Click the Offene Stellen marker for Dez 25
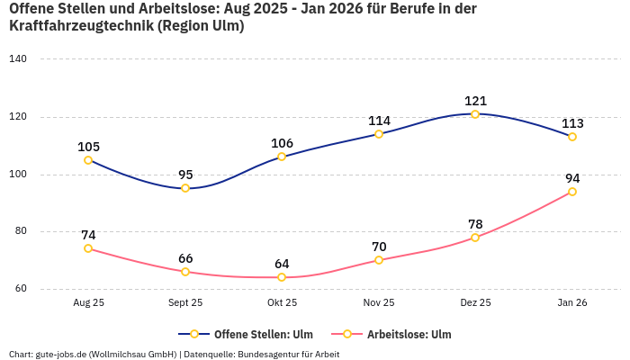coord(475,114)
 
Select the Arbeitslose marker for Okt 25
coord(282,277)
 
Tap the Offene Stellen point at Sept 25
coord(185,188)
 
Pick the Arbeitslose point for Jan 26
coord(572,192)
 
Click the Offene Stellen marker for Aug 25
coord(88,160)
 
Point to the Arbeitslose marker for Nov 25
coord(379,260)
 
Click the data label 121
coord(475,101)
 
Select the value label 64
coord(282,264)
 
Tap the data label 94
coord(572,178)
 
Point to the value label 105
coord(88,147)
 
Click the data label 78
coord(475,223)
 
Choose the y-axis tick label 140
coord(18,59)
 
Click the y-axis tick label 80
coord(21,231)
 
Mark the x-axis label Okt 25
coord(282,303)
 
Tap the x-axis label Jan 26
coord(572,303)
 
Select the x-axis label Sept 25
coord(185,303)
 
